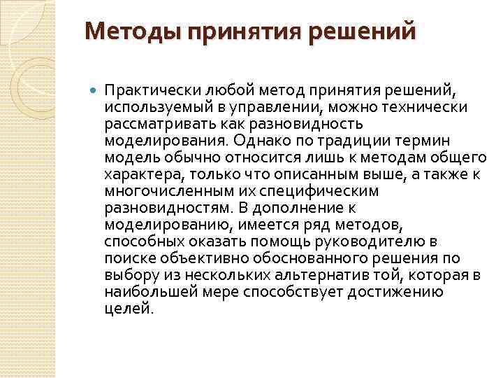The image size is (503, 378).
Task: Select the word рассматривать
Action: [x=154, y=123]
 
